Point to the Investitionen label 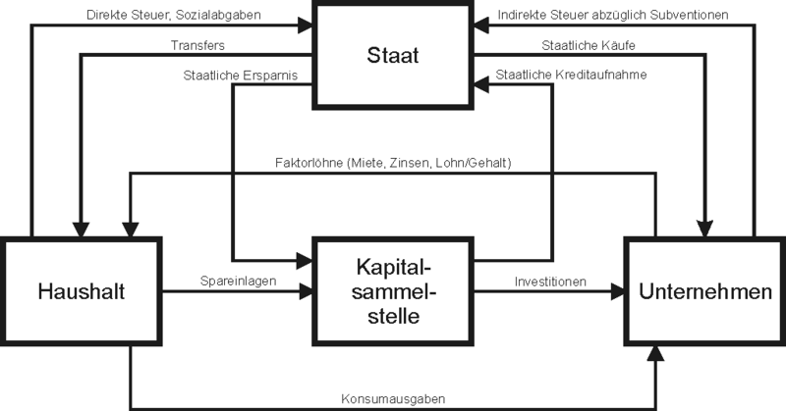pyautogui.click(x=550, y=281)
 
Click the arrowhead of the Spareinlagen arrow pyautogui.click(x=308, y=290)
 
